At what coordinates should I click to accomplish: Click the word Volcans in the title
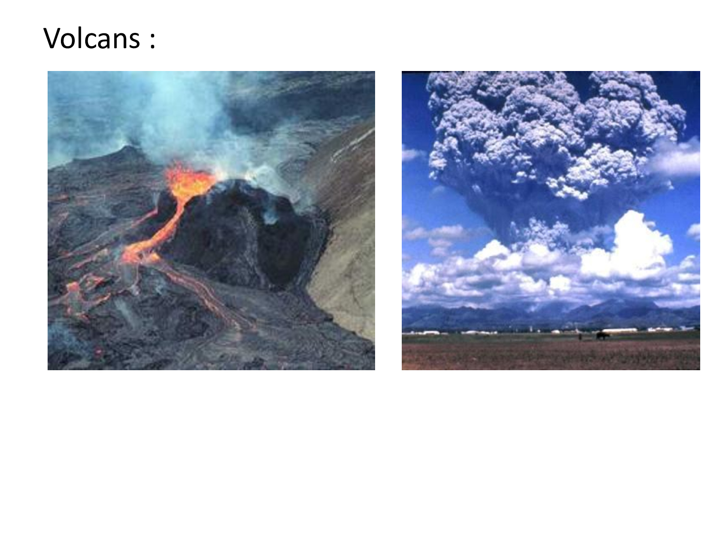(x=92, y=38)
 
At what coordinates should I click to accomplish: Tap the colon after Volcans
(x=153, y=41)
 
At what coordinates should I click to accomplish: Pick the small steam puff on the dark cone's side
(x=270, y=215)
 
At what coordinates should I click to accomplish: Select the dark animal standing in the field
(x=602, y=335)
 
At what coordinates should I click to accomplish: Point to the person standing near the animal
(x=580, y=336)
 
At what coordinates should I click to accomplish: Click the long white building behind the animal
(x=618, y=330)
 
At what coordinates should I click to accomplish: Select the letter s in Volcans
(x=134, y=41)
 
